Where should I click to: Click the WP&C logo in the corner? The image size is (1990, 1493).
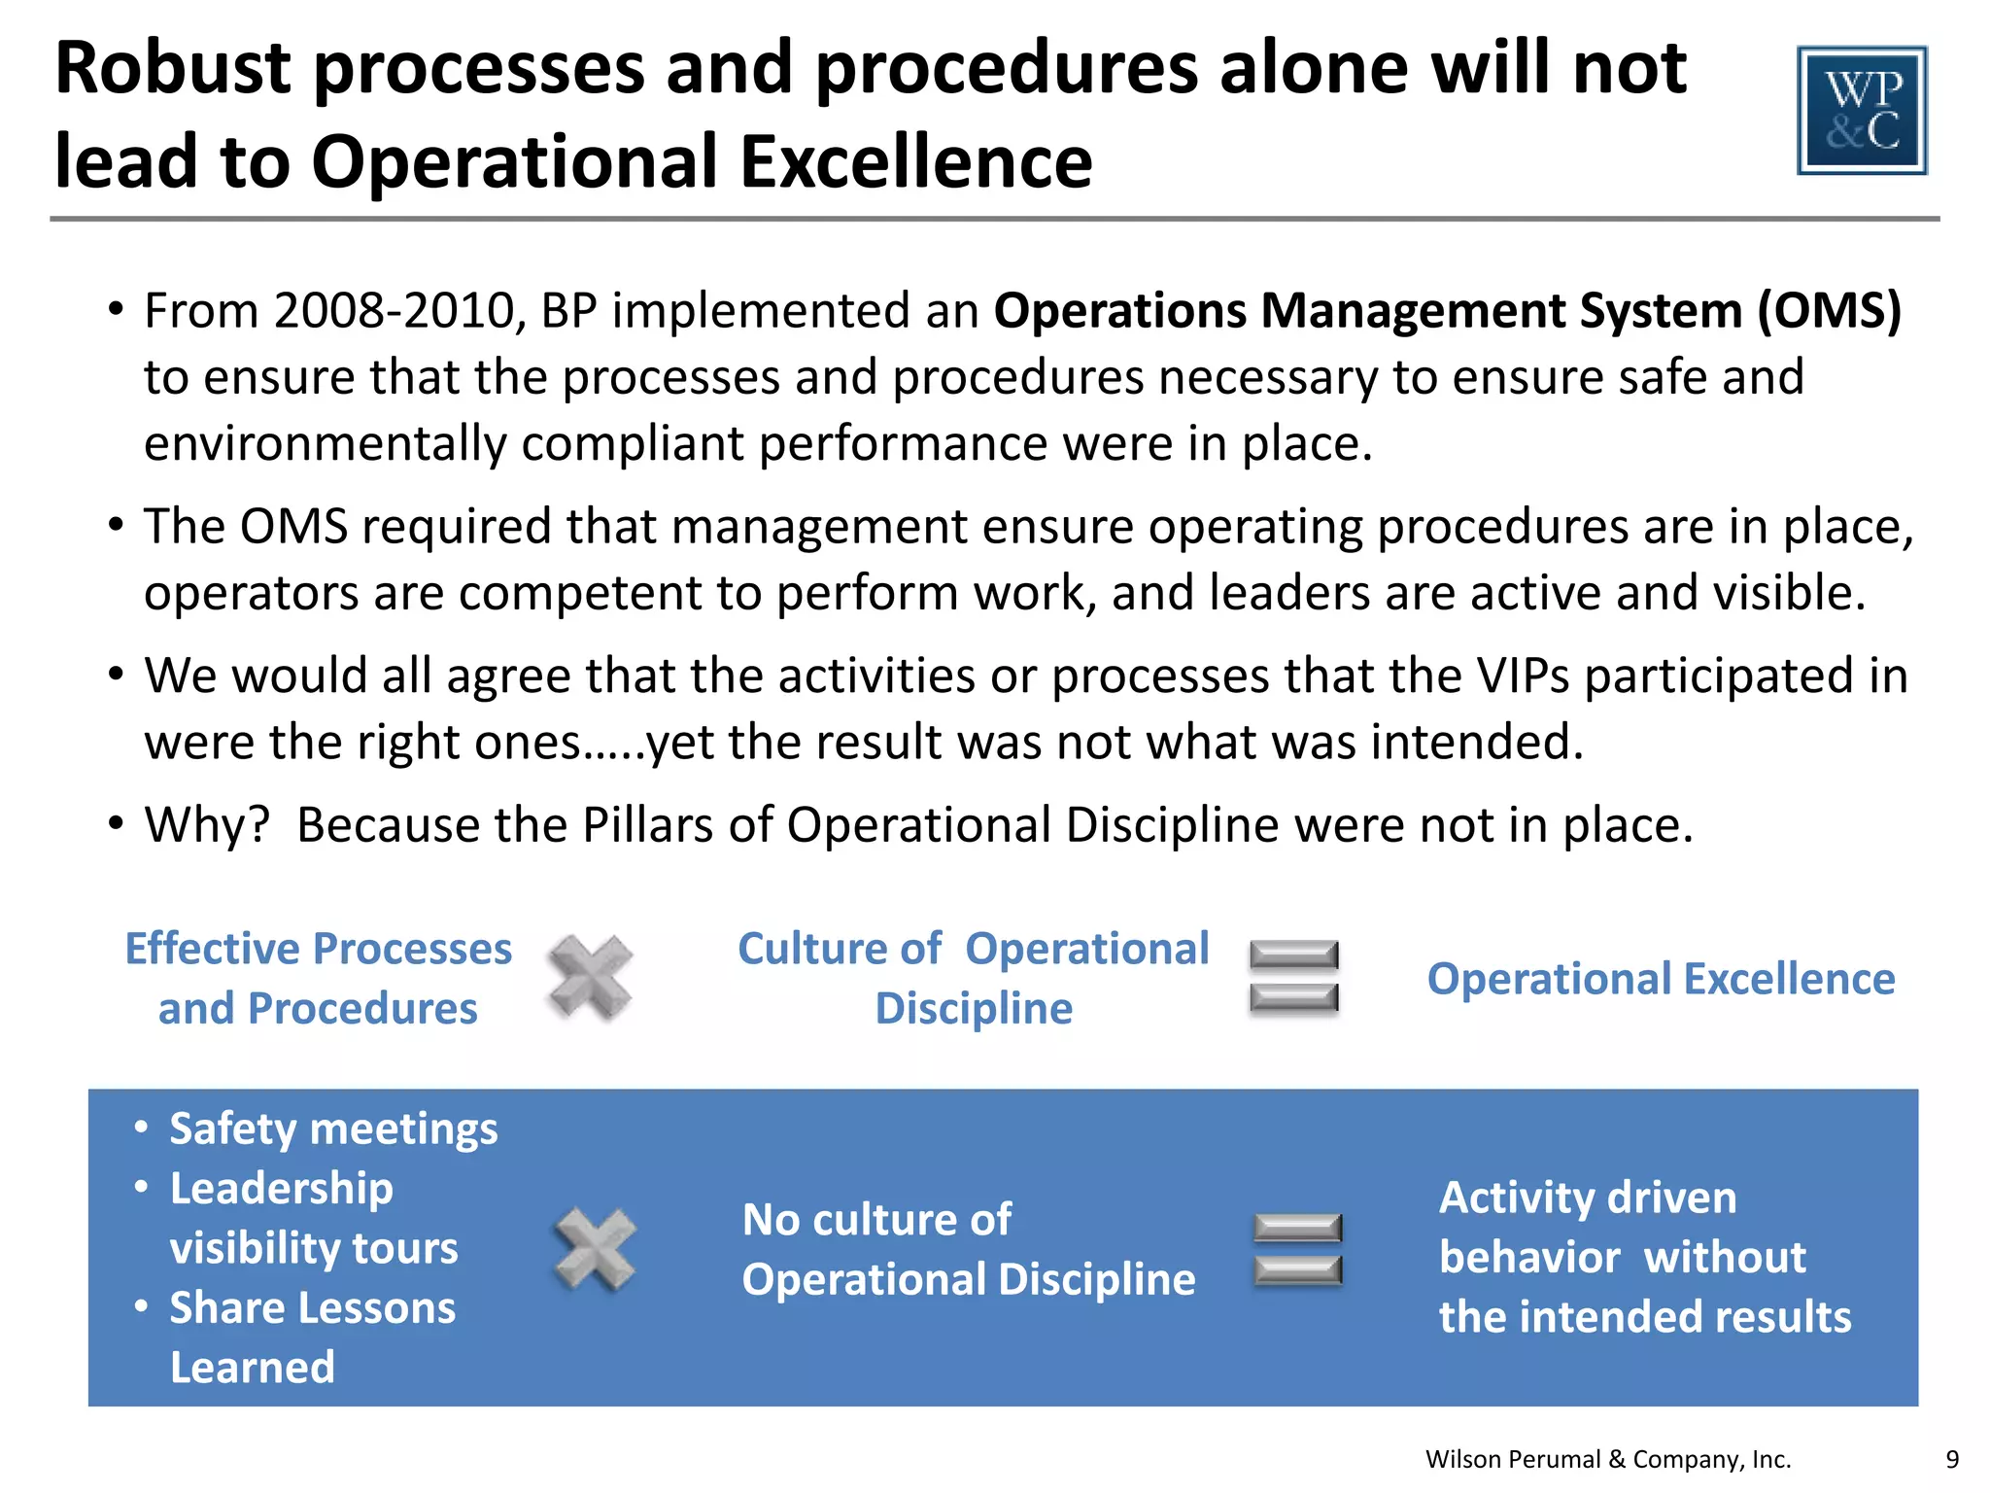pos(1862,110)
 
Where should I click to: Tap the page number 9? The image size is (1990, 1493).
pos(1952,1459)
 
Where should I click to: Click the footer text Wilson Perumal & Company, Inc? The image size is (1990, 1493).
pos(1607,1459)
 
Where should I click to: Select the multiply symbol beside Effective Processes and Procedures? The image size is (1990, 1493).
pos(590,977)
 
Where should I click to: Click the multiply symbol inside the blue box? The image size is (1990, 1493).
pos(595,1249)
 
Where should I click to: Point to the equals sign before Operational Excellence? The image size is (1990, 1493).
pos(1293,977)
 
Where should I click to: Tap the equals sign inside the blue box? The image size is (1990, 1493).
pos(1297,1249)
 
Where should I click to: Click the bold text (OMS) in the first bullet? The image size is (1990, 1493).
pos(1828,311)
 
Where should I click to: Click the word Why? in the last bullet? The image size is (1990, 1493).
pos(206,825)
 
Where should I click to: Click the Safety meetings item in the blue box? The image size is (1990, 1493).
pos(333,1129)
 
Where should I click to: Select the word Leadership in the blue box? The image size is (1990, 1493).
pos(282,1189)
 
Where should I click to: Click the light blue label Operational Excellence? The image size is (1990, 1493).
pos(1661,979)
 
